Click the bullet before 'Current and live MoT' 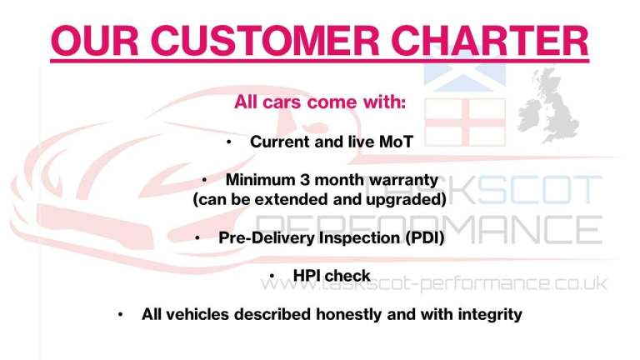point(228,142)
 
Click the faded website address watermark point(433,284)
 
